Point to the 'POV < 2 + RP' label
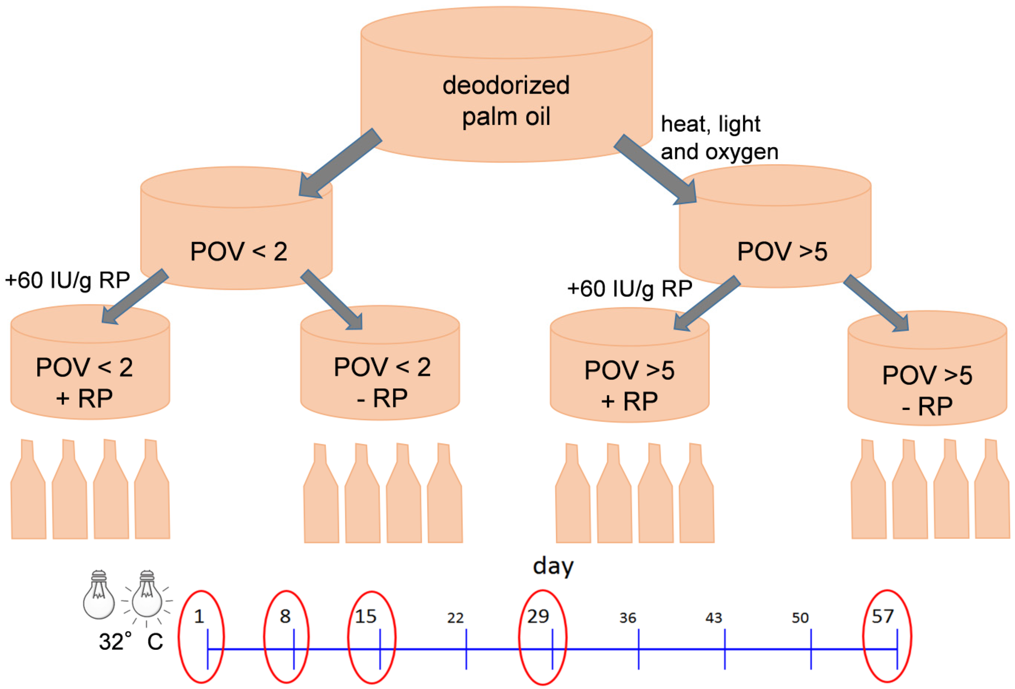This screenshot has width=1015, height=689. click(84, 382)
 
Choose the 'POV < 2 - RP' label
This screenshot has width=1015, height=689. click(382, 382)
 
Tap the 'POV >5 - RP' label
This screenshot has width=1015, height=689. click(927, 390)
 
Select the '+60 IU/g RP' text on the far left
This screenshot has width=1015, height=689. click(67, 280)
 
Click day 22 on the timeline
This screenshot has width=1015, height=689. click(455, 618)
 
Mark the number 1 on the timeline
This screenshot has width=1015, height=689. click(199, 616)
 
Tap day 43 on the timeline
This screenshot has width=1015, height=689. click(714, 618)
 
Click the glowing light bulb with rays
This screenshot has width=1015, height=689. click(147, 594)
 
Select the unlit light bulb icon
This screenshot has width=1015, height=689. click(99, 594)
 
